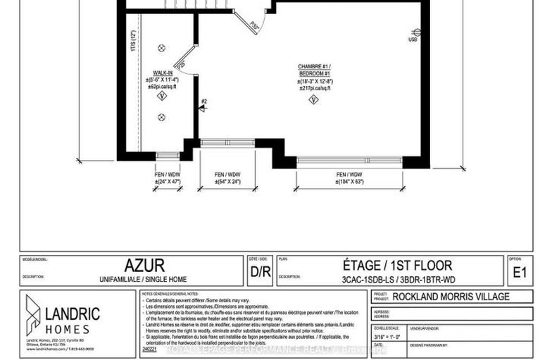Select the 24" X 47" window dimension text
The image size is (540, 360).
tap(168, 182)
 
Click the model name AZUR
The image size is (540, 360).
tap(144, 266)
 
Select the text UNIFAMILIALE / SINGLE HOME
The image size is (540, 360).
tap(144, 280)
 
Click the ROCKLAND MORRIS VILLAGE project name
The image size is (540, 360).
tap(451, 297)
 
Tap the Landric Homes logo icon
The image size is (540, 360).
tap(34, 314)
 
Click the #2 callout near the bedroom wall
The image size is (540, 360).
tap(205, 101)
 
